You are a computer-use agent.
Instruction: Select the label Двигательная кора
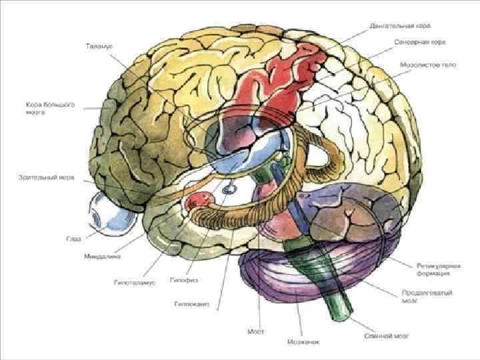(x=401, y=25)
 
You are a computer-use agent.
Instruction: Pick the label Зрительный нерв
(x=45, y=178)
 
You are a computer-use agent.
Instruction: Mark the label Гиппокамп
(x=191, y=303)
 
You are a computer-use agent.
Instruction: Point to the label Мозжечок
(x=304, y=342)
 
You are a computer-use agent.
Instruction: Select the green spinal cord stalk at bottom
(x=338, y=300)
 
